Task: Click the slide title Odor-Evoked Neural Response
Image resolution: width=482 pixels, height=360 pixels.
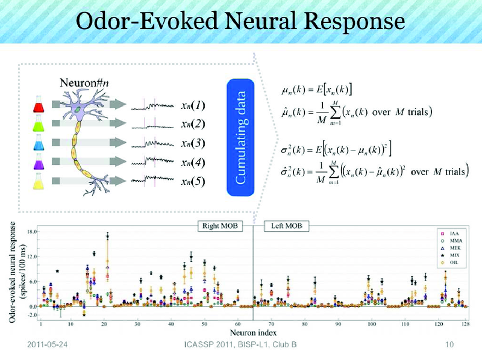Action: tap(241, 22)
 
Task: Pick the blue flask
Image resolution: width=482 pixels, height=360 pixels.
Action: tap(40, 144)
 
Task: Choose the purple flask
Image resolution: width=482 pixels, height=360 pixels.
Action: tap(40, 162)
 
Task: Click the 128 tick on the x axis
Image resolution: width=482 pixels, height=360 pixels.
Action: tap(465, 324)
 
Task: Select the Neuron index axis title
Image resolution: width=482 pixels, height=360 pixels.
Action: tap(253, 332)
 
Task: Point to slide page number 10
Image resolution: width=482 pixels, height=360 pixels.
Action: tap(448, 345)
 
